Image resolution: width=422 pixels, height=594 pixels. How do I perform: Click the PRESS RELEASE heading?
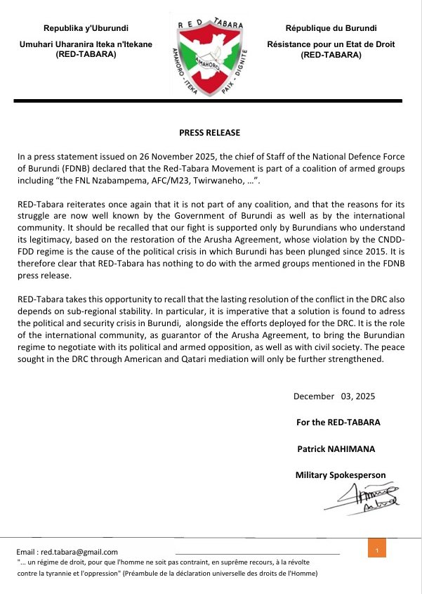[x=209, y=132]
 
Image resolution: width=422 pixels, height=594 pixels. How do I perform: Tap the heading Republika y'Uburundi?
[x=86, y=28]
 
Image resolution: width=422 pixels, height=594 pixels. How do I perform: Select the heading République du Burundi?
[x=331, y=28]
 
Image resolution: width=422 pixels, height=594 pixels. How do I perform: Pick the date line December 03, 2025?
[x=334, y=396]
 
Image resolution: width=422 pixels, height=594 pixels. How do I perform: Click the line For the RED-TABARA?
[x=338, y=422]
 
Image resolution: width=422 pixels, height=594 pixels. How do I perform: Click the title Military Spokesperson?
[x=341, y=475]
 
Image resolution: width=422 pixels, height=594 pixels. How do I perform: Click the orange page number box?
[x=377, y=548]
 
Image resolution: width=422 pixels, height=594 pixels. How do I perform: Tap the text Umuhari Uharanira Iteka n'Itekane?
[x=86, y=45]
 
